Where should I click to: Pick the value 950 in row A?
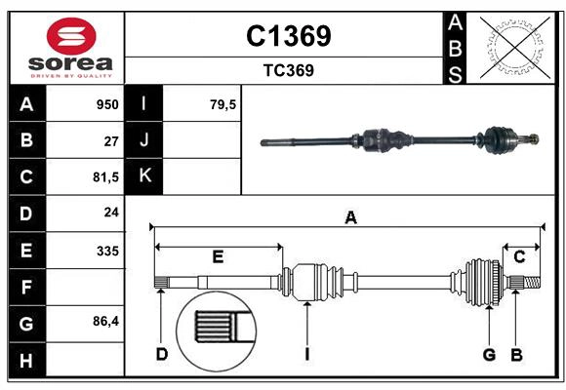pos(106,104)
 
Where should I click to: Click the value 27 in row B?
pos(110,140)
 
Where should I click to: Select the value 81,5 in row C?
pos(103,177)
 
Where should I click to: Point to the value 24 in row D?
pos(110,214)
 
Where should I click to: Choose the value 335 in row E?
pos(106,251)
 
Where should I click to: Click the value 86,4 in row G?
pos(103,323)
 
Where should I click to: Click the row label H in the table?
pos(26,360)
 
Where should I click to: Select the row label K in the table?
pos(144,176)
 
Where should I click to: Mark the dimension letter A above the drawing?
pos(349,218)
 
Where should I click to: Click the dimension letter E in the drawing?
pos(218,256)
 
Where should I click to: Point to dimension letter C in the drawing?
pos(520,256)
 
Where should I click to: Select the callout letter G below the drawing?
pos(489,354)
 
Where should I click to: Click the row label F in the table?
pos(26,287)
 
